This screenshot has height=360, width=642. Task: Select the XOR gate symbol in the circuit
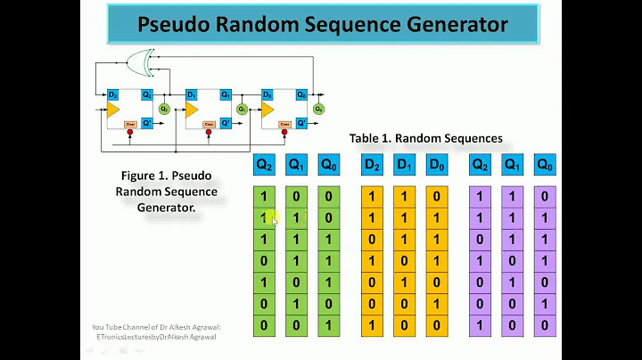[x=140, y=61]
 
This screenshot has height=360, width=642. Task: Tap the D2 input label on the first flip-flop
[x=113, y=94]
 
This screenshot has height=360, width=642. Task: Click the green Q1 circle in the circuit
[x=241, y=109]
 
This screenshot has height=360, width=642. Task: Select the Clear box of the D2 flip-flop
[x=131, y=124]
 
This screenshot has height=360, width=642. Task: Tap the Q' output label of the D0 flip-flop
[x=300, y=123]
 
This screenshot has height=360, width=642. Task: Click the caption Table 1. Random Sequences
[x=425, y=138]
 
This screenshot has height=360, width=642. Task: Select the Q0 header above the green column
[x=329, y=165]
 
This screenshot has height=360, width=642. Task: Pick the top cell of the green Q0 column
[x=329, y=195]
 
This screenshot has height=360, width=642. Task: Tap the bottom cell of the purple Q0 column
[x=544, y=325]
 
